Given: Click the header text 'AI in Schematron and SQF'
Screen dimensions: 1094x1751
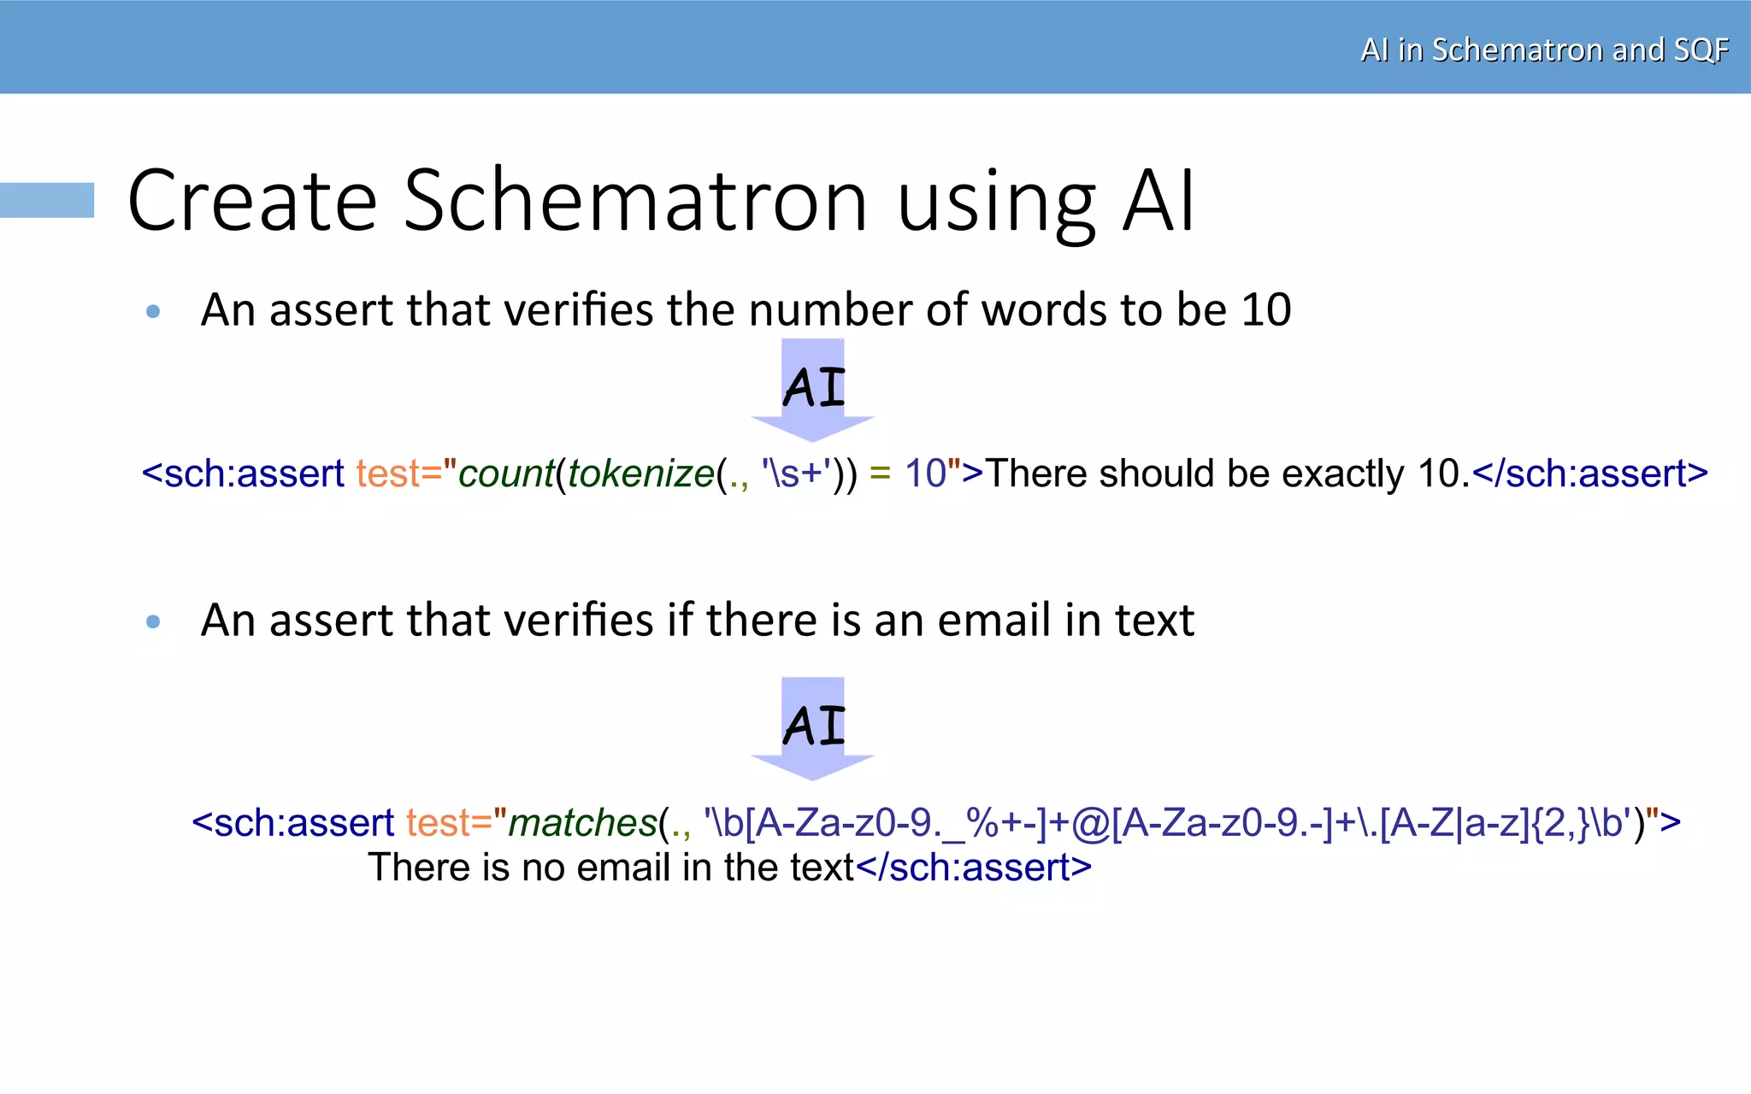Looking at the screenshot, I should [x=1544, y=50].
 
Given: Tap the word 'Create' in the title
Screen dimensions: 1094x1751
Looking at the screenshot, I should [x=252, y=201].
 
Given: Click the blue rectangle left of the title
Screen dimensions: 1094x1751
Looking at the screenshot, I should [x=47, y=200].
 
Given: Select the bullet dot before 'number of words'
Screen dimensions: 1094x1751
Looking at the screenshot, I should [x=153, y=312].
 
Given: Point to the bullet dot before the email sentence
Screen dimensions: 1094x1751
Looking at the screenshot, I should [x=153, y=622].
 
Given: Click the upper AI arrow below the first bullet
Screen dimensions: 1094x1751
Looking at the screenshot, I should [x=813, y=389].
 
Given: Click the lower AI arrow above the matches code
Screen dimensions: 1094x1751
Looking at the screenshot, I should [x=813, y=727].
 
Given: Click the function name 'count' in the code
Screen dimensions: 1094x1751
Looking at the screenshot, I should [x=506, y=473].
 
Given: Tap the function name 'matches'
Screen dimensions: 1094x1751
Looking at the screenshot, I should [x=582, y=823].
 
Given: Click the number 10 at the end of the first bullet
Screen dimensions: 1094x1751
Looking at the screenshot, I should [x=1265, y=309].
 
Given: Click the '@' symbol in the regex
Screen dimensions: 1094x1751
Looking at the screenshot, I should [x=1090, y=823].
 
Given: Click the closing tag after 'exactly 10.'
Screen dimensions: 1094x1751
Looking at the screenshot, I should [x=1590, y=473].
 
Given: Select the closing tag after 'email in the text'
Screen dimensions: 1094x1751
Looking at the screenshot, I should [x=974, y=868].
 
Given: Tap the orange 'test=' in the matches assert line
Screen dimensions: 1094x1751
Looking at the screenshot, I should [x=449, y=823].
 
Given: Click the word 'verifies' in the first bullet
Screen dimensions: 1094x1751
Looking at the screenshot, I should [x=578, y=309].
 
